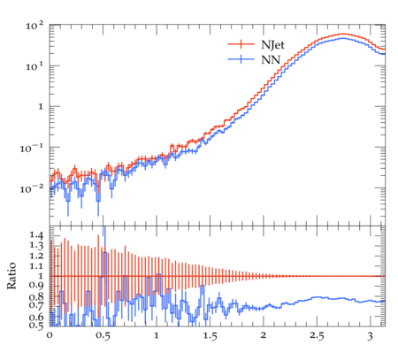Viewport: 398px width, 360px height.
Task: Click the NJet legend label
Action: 272,45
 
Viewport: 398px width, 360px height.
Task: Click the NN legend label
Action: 271,60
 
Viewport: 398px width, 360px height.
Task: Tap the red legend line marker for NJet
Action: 241,44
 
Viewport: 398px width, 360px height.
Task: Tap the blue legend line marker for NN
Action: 241,59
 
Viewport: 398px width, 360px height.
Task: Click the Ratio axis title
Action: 11,275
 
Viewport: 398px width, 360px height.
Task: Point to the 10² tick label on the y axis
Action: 34,26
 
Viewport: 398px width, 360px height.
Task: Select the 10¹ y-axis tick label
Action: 34,66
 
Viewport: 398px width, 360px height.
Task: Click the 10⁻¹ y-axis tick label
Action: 31,148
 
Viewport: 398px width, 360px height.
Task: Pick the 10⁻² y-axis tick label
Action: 31,188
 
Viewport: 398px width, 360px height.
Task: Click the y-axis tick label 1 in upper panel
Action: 41,107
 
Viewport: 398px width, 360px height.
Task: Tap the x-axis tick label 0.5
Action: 103,336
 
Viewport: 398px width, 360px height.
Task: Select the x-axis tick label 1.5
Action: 210,336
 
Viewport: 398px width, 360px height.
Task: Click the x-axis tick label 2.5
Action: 317,336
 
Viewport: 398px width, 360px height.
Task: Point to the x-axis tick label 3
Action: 371,336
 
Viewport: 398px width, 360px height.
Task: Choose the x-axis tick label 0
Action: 50,335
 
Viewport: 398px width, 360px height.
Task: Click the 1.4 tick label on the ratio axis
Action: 36,235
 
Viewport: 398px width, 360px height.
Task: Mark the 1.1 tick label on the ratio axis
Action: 36,266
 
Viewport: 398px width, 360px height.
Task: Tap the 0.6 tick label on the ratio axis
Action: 36,317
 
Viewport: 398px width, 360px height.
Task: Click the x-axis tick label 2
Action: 264,335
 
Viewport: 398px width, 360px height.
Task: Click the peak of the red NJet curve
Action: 343,34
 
